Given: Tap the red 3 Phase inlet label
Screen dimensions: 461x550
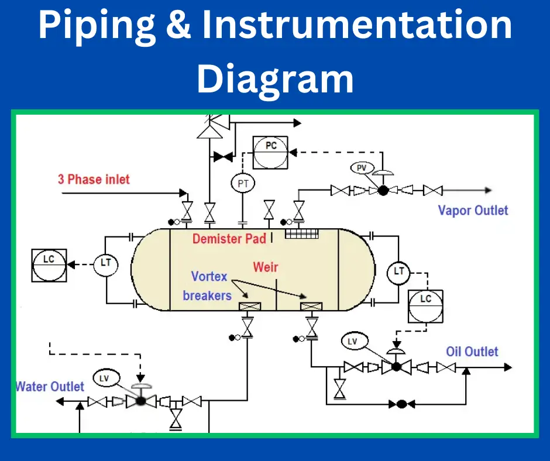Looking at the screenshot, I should click(94, 179).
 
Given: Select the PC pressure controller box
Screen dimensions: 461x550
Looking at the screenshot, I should click(271, 152).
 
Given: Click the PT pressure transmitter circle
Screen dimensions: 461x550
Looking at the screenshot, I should click(243, 184).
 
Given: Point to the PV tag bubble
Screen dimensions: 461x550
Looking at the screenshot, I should click(362, 168).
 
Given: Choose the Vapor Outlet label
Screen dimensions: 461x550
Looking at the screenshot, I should click(473, 210).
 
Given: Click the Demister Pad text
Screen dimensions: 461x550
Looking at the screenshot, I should click(229, 238).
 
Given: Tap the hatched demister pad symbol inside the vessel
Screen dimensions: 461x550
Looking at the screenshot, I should click(301, 234).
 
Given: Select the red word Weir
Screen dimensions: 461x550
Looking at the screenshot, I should click(266, 267).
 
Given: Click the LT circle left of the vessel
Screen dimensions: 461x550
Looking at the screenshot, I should click(106, 264).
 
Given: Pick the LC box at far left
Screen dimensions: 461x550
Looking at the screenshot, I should click(49, 264).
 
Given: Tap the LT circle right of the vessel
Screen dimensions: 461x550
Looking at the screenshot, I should click(399, 271).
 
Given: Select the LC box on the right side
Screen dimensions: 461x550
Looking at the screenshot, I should click(425, 305).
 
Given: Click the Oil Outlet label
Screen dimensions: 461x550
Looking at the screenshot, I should click(472, 352).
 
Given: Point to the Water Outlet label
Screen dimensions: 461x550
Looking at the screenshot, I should click(50, 387).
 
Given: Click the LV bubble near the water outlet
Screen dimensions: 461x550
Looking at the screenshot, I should click(104, 379).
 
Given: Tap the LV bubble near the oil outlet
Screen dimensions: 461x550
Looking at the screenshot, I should click(352, 341).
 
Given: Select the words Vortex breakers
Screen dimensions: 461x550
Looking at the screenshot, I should click(208, 285).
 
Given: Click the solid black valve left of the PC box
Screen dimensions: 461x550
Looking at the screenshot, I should click(222, 156).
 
